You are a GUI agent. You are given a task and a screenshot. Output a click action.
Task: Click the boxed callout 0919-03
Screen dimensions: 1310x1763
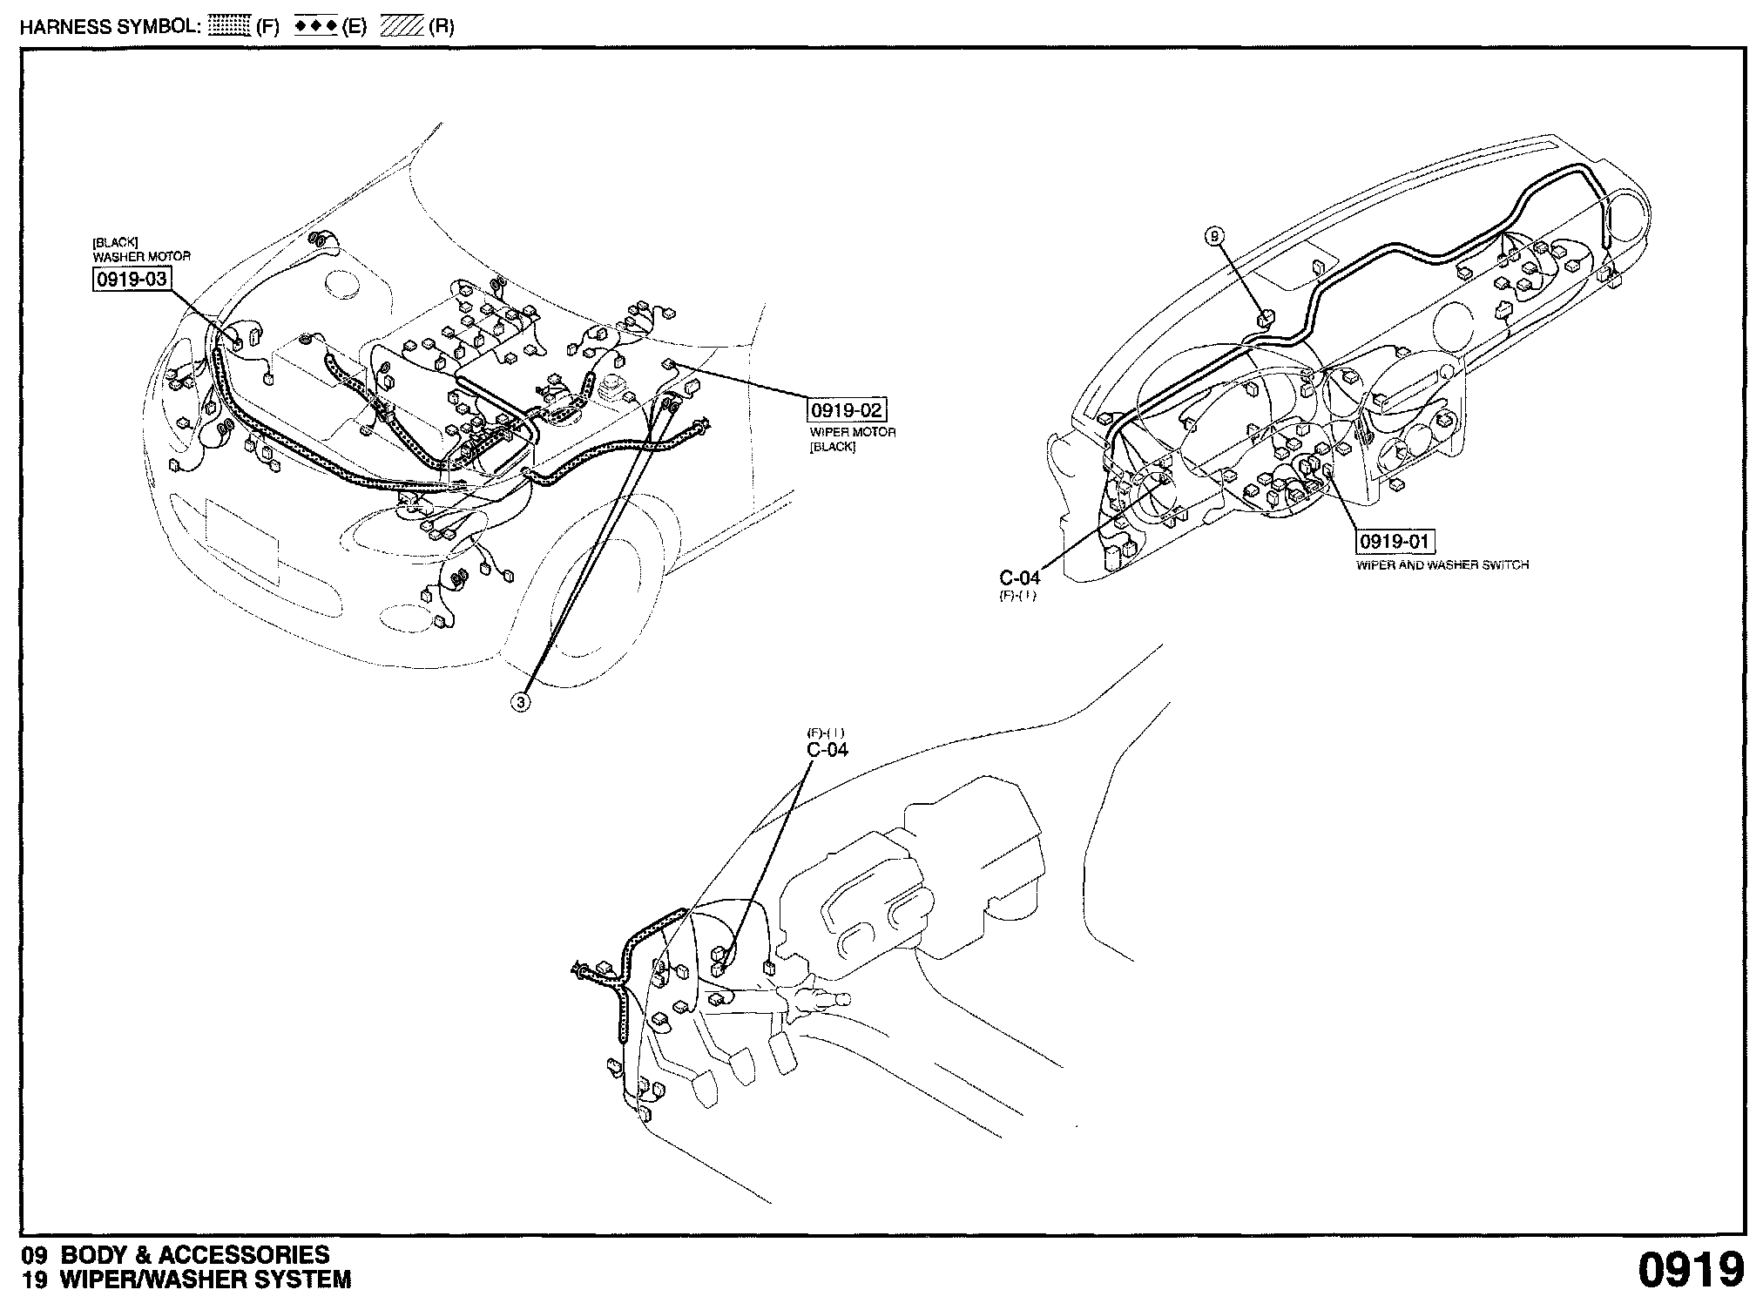click(132, 280)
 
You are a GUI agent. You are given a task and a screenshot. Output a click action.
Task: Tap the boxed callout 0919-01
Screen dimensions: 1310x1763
click(1395, 542)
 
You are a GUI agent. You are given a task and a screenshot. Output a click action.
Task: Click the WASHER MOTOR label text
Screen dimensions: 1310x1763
click(141, 257)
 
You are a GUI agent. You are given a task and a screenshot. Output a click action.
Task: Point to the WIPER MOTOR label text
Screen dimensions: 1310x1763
click(852, 433)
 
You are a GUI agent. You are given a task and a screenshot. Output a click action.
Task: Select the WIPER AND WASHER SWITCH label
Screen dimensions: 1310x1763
click(1442, 565)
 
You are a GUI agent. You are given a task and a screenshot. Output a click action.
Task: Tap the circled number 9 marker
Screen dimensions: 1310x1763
click(1216, 234)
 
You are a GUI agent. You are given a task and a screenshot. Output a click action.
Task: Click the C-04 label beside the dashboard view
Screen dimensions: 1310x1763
click(1019, 577)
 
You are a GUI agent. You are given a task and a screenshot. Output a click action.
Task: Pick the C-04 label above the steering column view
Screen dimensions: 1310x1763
click(827, 750)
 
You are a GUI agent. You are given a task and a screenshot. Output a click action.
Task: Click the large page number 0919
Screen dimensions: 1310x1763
click(1692, 1271)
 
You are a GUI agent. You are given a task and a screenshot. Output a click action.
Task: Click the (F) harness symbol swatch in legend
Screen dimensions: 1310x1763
click(231, 26)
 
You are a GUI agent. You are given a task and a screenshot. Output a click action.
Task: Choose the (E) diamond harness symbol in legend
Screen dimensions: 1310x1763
click(315, 26)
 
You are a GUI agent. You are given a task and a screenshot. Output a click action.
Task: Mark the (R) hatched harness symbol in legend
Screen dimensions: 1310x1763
click(402, 26)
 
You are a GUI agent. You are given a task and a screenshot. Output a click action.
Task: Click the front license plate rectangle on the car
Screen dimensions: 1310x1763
click(243, 540)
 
